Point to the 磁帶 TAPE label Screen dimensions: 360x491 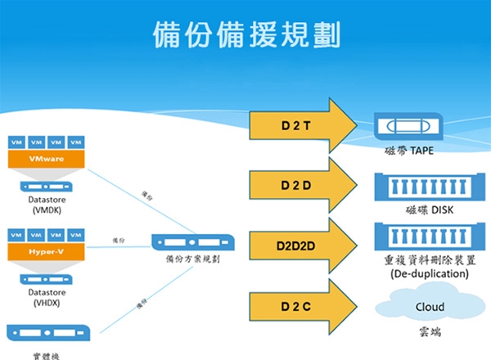tap(410, 152)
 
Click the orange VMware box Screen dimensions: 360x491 tap(46, 158)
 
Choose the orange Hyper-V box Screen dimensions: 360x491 tap(46, 250)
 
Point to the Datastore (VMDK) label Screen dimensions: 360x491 tap(47, 205)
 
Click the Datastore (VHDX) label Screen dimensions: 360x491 tap(47, 297)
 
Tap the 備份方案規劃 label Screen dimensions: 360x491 tap(192, 259)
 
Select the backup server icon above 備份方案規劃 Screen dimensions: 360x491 tap(193, 243)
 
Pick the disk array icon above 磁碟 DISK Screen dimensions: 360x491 tap(425, 187)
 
